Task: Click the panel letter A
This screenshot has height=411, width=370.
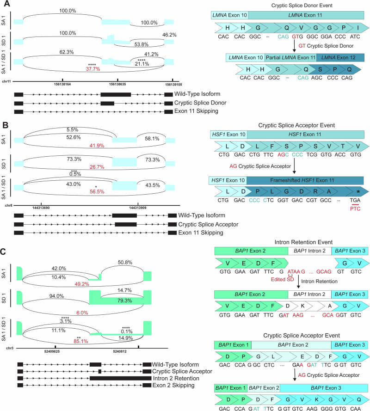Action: (5, 4)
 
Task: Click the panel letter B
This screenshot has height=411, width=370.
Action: (5, 126)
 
